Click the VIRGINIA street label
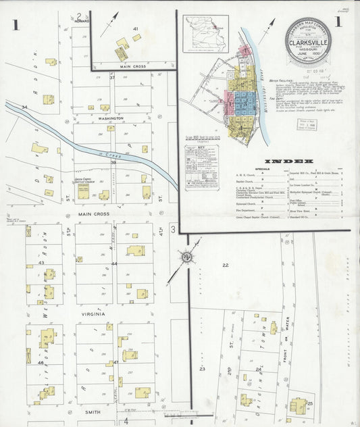[93, 313]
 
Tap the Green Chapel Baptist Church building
[82, 192]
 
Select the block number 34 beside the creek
[25, 107]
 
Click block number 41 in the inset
[136, 28]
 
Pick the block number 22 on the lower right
[225, 265]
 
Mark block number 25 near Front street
[310, 403]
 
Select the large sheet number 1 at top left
[14, 26]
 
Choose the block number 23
[201, 370]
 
